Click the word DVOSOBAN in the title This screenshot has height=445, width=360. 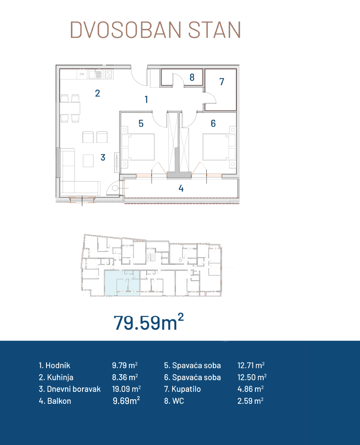(x=126, y=30)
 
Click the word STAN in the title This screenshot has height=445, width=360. (x=215, y=30)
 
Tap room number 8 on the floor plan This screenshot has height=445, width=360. (x=192, y=77)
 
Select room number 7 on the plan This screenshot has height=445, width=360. (x=222, y=82)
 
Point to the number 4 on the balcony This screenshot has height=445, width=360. (x=181, y=188)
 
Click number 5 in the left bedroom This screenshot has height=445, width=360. (x=141, y=123)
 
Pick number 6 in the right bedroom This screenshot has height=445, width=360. (x=213, y=123)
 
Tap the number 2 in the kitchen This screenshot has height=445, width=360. (x=97, y=93)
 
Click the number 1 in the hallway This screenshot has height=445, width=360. (x=146, y=99)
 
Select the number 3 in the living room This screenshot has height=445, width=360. (x=103, y=157)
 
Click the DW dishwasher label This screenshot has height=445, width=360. (x=82, y=75)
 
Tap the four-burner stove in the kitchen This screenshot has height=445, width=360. (x=109, y=75)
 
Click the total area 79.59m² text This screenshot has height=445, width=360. (x=148, y=322)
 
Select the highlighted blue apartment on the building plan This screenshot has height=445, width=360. (x=122, y=283)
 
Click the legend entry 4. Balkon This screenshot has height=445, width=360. (x=55, y=401)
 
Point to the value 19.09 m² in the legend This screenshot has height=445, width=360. (x=126, y=389)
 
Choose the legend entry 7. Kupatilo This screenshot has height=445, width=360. (x=182, y=389)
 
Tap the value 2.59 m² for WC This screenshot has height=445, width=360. (x=250, y=401)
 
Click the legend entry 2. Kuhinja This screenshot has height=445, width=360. (x=56, y=377)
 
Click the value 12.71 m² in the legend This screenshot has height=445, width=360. (x=251, y=365)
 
